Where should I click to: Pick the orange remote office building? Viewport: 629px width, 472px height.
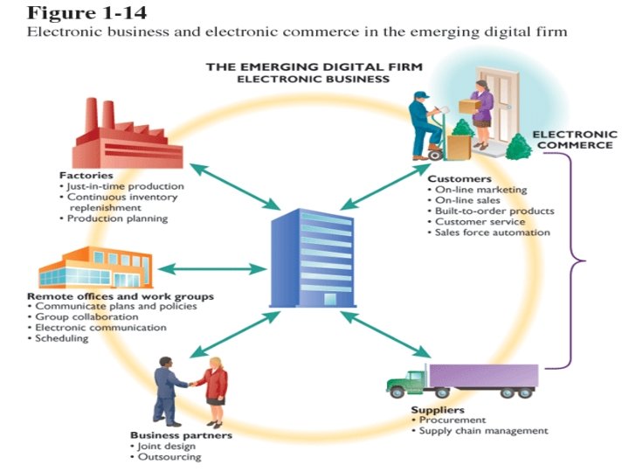click(96, 267)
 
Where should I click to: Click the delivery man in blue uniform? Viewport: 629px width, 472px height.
click(428, 122)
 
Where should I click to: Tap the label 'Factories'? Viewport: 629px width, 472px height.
click(80, 175)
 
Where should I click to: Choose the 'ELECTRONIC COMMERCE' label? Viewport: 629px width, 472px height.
click(576, 140)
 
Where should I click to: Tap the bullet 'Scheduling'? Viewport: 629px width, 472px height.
click(61, 338)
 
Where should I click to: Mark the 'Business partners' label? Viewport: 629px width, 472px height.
click(181, 434)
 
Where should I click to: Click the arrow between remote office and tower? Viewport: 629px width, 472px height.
click(213, 267)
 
